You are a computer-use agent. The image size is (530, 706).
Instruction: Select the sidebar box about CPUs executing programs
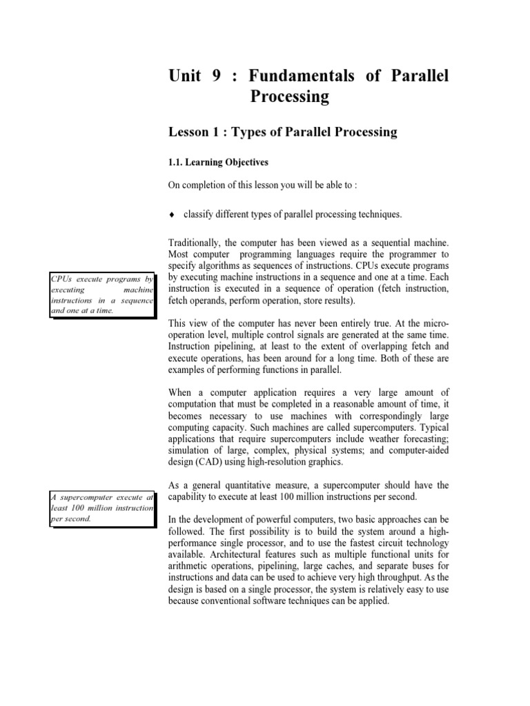point(101,294)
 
